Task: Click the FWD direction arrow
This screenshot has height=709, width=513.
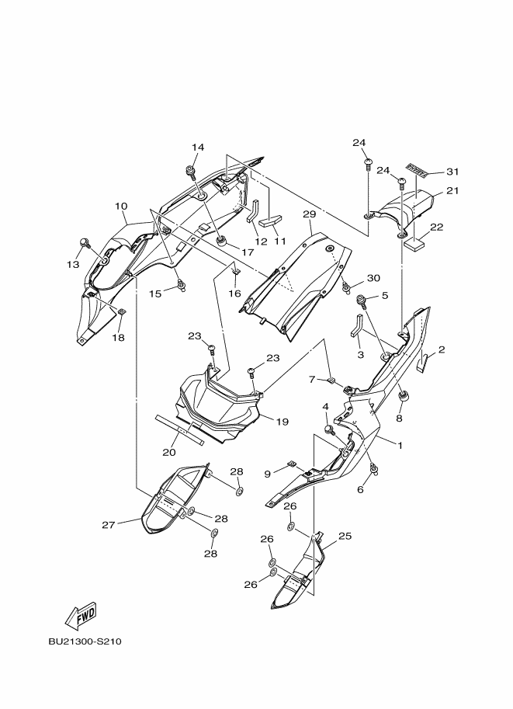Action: pyautogui.click(x=81, y=615)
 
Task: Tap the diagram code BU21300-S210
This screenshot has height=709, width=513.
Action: pyautogui.click(x=85, y=641)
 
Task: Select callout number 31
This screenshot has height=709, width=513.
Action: pyautogui.click(x=452, y=172)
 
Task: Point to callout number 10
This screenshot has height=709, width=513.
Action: pyautogui.click(x=121, y=207)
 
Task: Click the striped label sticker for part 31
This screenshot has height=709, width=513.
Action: pyautogui.click(x=416, y=169)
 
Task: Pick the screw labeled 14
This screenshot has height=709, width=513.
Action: pyautogui.click(x=190, y=171)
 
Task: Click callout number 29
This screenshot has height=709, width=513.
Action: pyautogui.click(x=310, y=214)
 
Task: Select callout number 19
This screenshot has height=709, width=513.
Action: pyautogui.click(x=282, y=422)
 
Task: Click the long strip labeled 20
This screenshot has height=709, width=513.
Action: pyautogui.click(x=179, y=429)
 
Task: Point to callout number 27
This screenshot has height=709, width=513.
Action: pyautogui.click(x=108, y=524)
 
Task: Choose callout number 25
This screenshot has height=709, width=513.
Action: pyautogui.click(x=345, y=537)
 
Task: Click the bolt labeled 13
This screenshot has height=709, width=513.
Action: pyautogui.click(x=84, y=243)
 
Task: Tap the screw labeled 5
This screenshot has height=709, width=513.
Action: pyautogui.click(x=362, y=301)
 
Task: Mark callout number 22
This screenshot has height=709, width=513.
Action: pyautogui.click(x=437, y=227)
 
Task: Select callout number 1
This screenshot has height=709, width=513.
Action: pyautogui.click(x=400, y=445)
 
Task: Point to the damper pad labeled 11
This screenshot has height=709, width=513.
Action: pyautogui.click(x=270, y=222)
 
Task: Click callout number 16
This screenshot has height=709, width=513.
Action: pyautogui.click(x=234, y=294)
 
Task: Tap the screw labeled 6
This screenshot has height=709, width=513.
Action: pyautogui.click(x=374, y=471)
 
